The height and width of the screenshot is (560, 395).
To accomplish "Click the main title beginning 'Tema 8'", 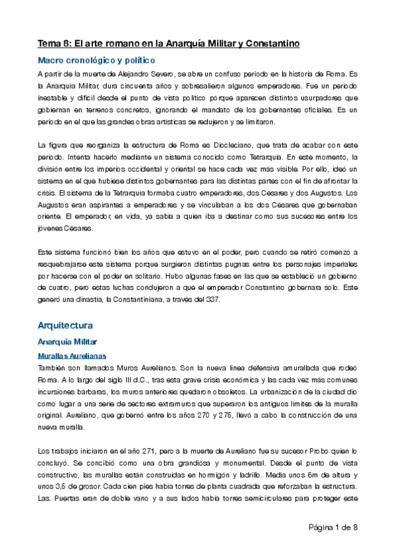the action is (x=169, y=44).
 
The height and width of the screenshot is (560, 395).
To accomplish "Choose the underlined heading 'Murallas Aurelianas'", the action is (x=71, y=356).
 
